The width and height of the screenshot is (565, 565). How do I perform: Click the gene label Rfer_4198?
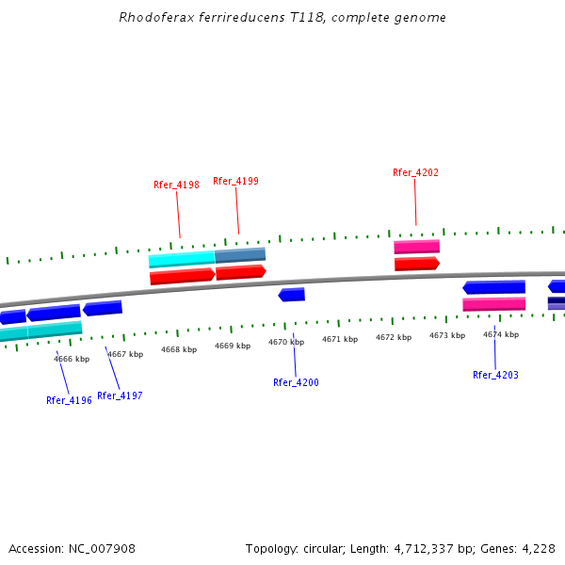click(176, 185)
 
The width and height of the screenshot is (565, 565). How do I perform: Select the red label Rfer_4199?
click(235, 181)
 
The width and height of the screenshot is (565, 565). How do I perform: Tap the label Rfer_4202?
click(415, 172)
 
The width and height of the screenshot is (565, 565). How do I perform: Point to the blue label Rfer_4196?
click(69, 400)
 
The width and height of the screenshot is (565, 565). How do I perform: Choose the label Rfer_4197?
click(120, 395)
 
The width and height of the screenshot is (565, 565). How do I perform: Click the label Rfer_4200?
click(296, 382)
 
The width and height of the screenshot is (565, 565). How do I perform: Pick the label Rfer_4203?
click(495, 375)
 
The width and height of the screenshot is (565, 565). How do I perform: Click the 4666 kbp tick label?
click(72, 359)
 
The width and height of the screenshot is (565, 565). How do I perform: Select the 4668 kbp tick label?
click(179, 349)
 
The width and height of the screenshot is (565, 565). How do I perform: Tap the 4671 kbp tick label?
click(340, 339)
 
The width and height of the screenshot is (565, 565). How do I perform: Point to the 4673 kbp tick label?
click(447, 335)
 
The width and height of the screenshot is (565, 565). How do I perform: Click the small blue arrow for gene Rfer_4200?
click(292, 295)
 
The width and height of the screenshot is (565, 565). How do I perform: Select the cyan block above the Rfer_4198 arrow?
click(182, 259)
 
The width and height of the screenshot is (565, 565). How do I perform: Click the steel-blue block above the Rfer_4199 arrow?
click(240, 254)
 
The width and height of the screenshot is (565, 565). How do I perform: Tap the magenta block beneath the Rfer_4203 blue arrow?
click(493, 304)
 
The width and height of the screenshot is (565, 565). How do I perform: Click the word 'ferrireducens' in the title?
click(231, 17)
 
